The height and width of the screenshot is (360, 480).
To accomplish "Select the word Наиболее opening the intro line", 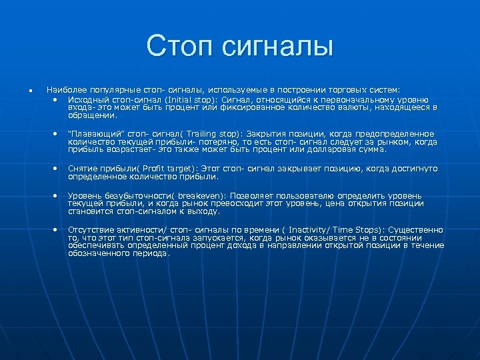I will click(x=65, y=89).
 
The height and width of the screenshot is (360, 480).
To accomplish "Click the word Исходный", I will click(x=89, y=99).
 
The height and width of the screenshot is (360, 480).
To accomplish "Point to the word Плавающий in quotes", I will click(x=95, y=134).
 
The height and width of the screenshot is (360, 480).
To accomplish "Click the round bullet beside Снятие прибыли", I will click(x=55, y=169).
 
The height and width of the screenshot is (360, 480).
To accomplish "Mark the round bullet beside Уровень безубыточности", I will click(x=55, y=195).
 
